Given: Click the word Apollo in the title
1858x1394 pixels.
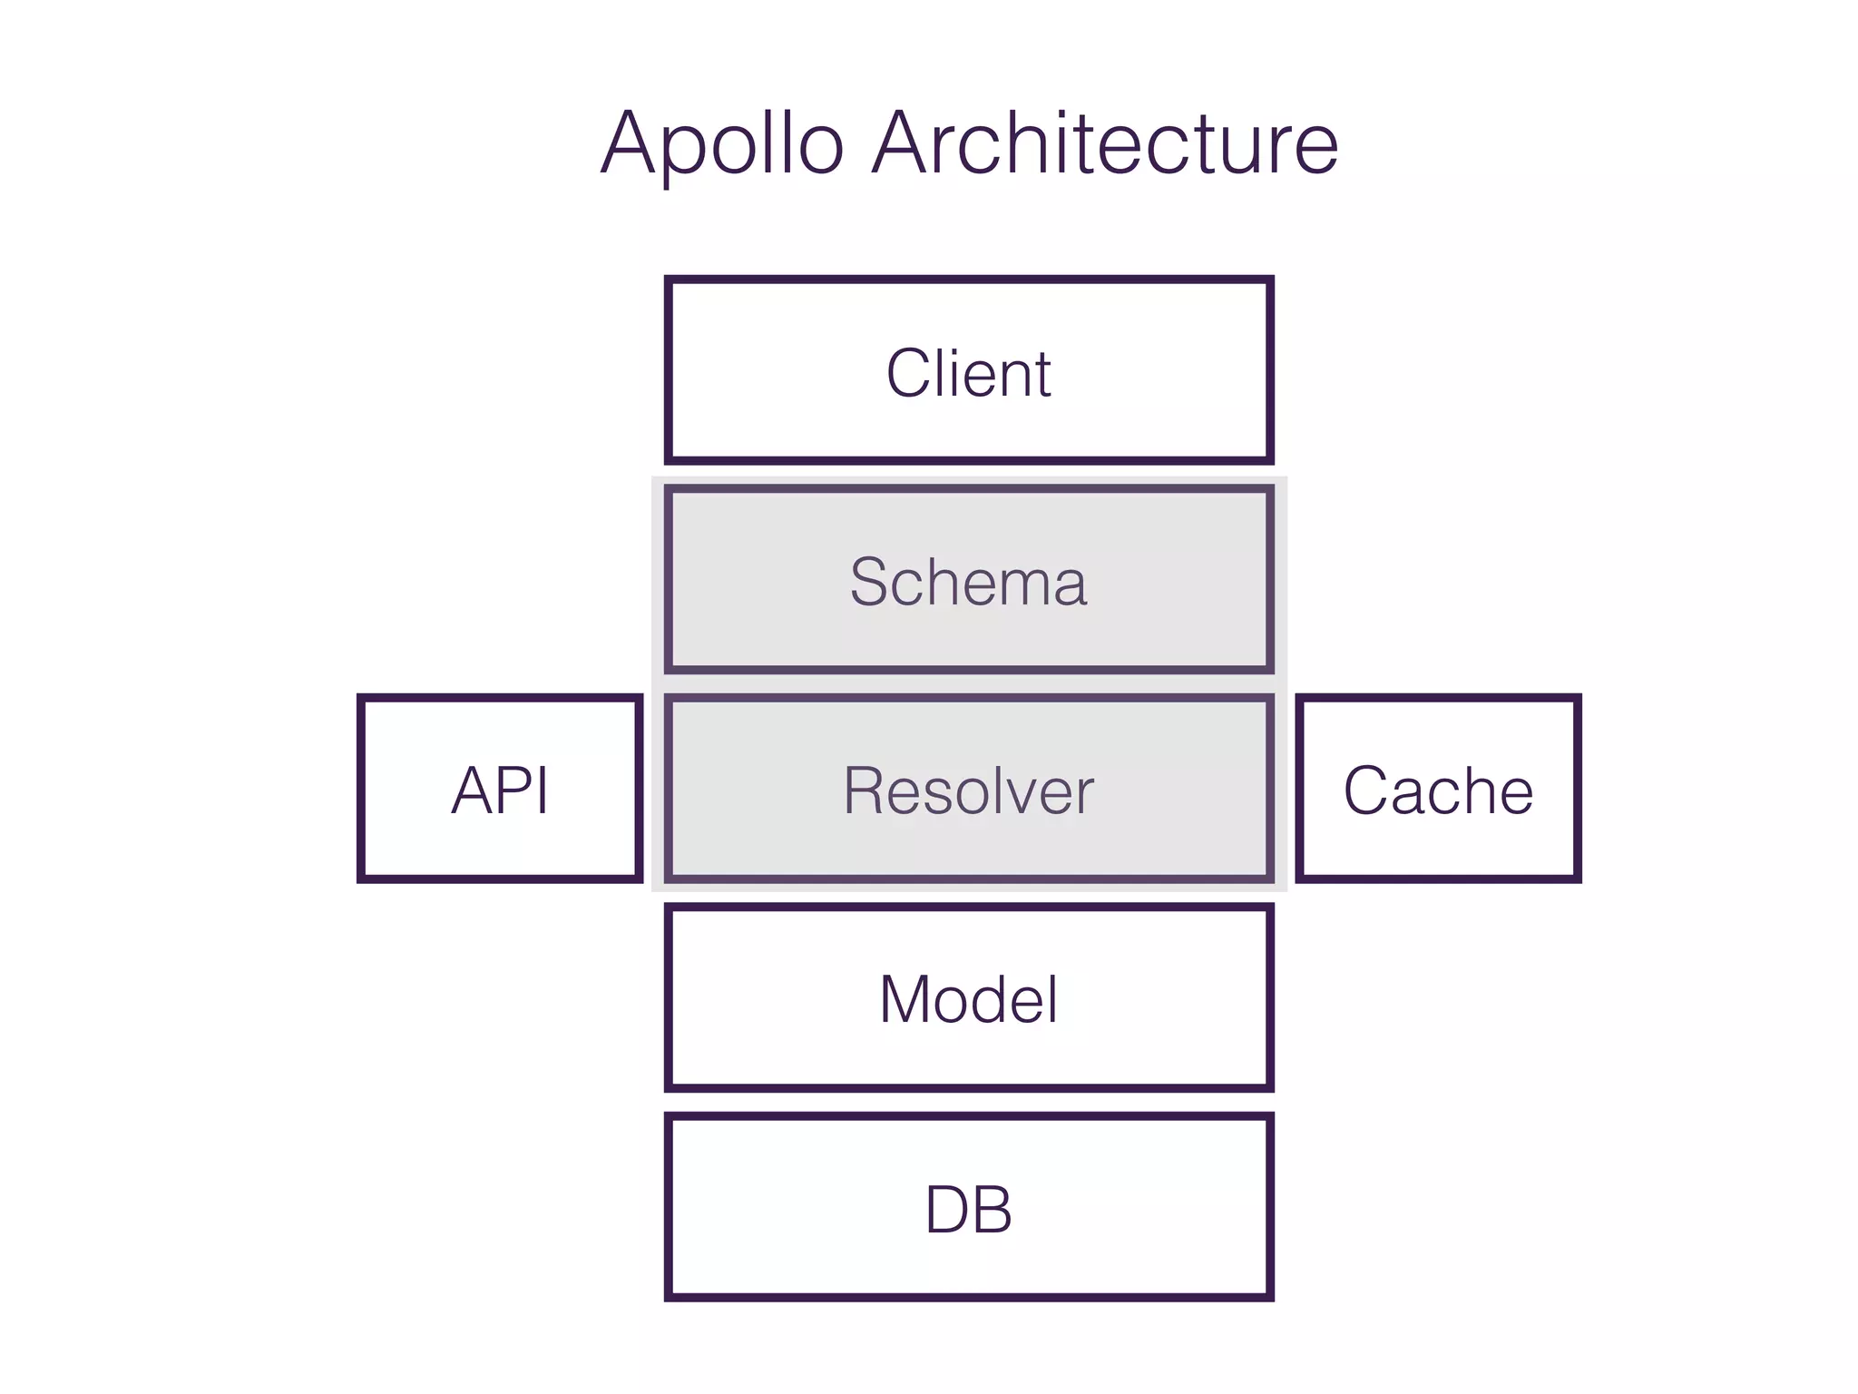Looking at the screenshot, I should pyautogui.click(x=722, y=145).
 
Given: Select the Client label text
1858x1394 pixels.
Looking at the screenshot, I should pyautogui.click(x=968, y=373).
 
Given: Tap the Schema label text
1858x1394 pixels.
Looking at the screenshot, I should pyautogui.click(x=968, y=582).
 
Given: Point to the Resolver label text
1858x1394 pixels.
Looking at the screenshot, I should pyautogui.click(x=968, y=790).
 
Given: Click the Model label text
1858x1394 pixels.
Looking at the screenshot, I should pyautogui.click(x=968, y=999).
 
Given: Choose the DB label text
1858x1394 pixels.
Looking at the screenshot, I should pyautogui.click(x=968, y=1210).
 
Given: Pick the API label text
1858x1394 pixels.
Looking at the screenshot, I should pyautogui.click(x=500, y=790).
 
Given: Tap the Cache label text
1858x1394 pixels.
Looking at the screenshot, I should pyautogui.click(x=1438, y=790).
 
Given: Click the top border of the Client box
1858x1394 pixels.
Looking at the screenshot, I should pyautogui.click(x=968, y=280).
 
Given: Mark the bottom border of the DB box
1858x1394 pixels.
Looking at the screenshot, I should pyautogui.click(x=968, y=1297).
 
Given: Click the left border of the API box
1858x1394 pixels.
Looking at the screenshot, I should pyautogui.click(x=362, y=789).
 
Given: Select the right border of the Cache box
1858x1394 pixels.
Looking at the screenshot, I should pyautogui.click(x=1577, y=789).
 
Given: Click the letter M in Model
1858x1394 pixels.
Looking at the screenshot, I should pyautogui.click(x=908, y=999).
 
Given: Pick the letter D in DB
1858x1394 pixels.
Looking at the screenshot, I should pyautogui.click(x=947, y=1210).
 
